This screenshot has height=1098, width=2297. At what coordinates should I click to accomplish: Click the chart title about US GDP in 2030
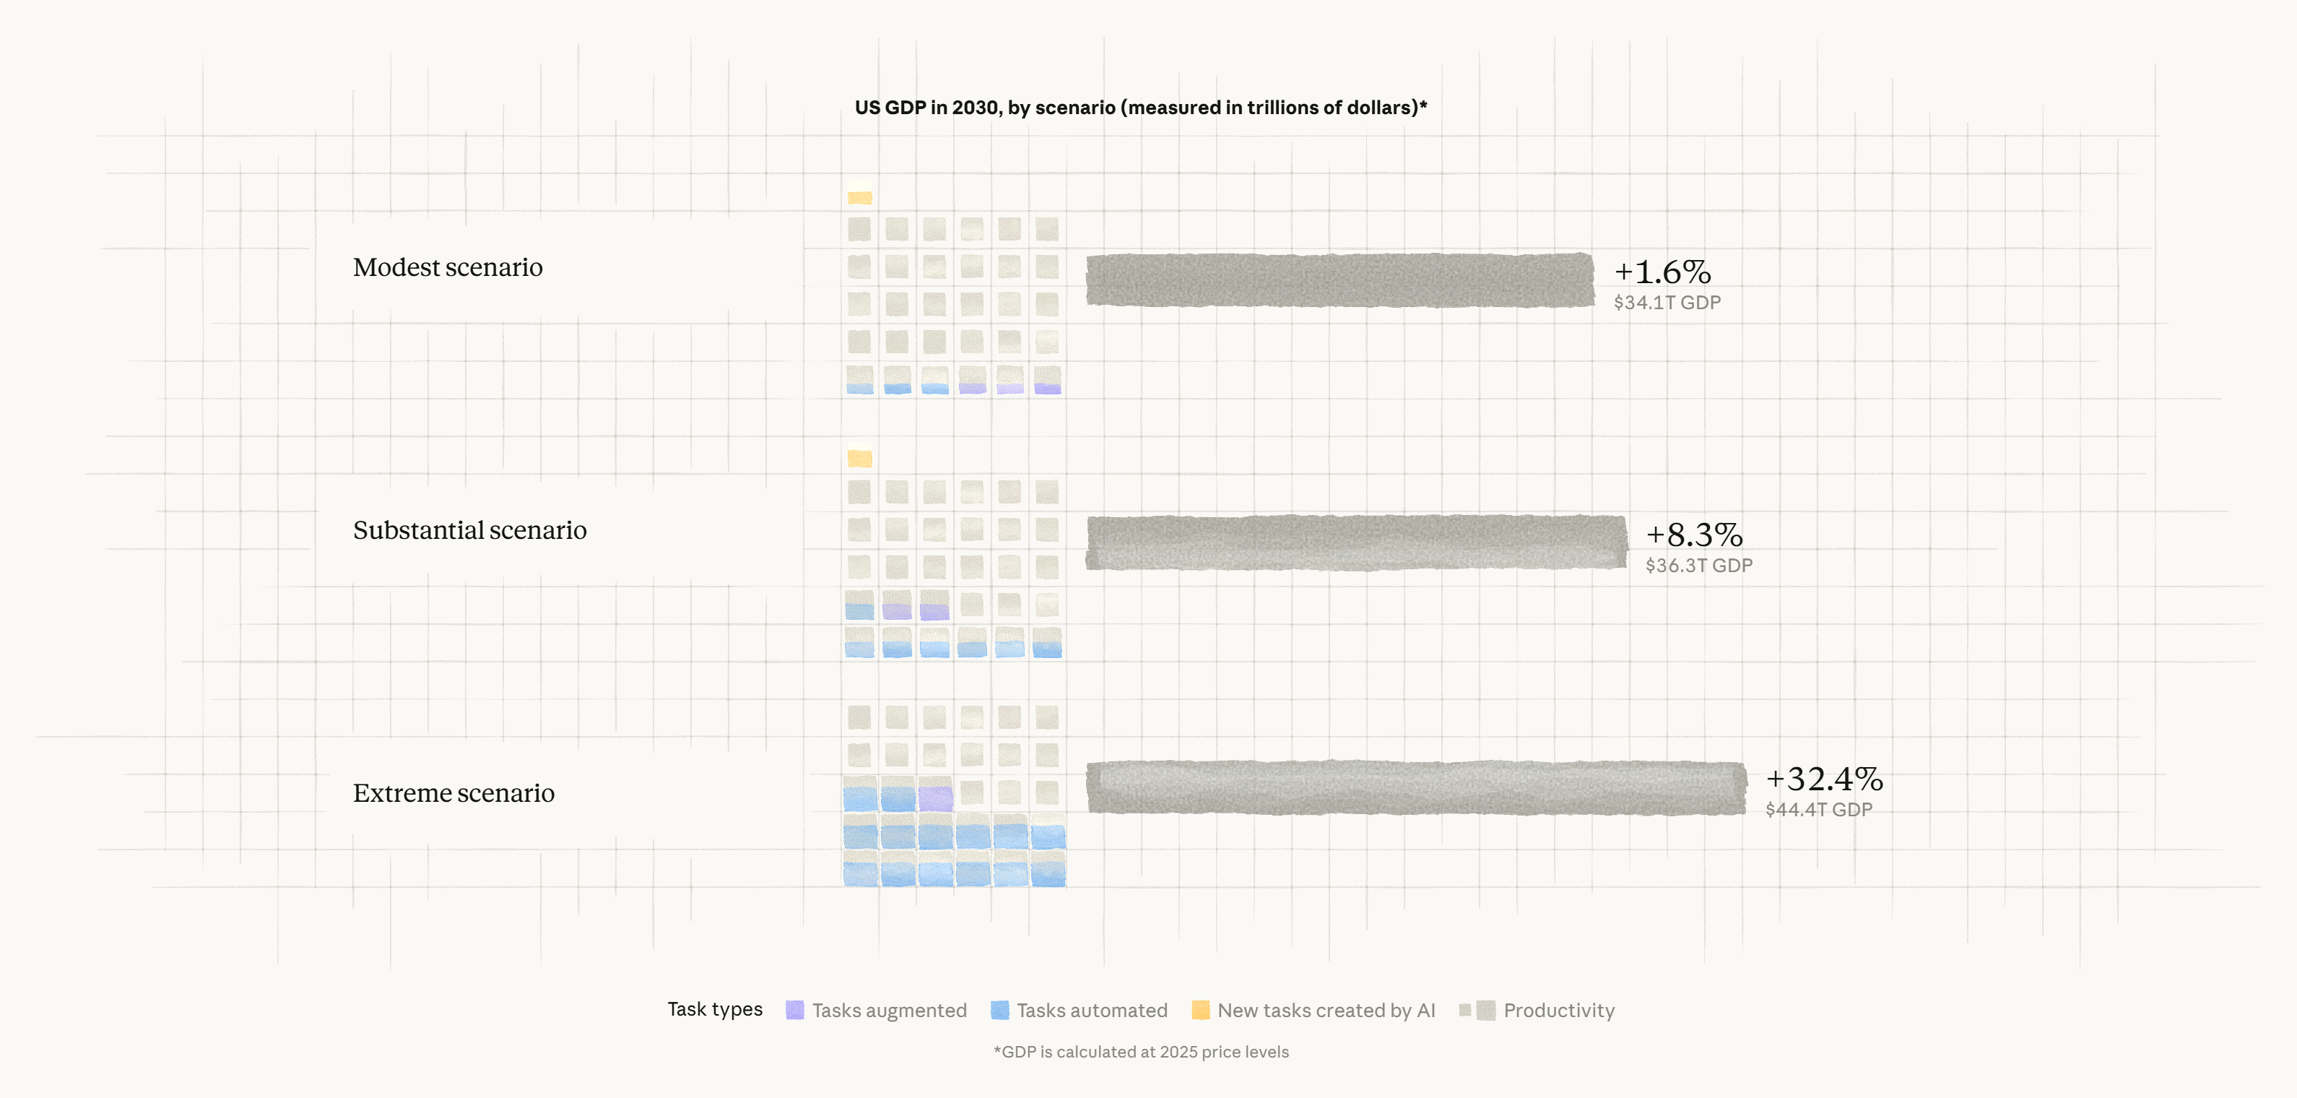tap(1140, 108)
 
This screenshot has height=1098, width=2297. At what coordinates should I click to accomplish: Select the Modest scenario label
tap(448, 267)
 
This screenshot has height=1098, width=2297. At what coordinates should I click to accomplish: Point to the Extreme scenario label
tap(454, 793)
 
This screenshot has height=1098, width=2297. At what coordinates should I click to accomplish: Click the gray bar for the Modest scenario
tap(1339, 280)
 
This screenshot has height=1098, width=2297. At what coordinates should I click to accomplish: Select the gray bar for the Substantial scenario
tap(1355, 542)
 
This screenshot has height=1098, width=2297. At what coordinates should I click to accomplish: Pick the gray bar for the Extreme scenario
tap(1416, 787)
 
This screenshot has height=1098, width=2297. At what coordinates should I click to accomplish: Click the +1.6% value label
tap(1662, 272)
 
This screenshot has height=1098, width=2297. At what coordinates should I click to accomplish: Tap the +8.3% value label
tap(1694, 535)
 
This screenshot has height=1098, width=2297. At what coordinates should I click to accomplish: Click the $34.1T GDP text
tap(1667, 303)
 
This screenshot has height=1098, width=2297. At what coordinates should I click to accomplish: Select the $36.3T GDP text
tap(1698, 566)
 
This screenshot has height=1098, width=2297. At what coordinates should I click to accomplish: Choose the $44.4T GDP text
tap(1819, 810)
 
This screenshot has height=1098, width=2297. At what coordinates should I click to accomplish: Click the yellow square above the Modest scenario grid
tap(859, 197)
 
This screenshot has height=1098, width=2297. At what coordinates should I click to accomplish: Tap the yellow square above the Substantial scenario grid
tap(859, 459)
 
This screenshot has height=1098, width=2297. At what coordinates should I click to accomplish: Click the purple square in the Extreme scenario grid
tap(935, 797)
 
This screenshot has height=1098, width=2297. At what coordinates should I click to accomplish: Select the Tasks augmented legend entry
tap(877, 1011)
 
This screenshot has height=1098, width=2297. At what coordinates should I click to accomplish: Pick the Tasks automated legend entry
tap(1079, 1011)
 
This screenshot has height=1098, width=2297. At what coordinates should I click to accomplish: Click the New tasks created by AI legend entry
tap(1313, 1011)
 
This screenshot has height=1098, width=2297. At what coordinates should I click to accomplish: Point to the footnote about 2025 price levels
tap(1142, 1052)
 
